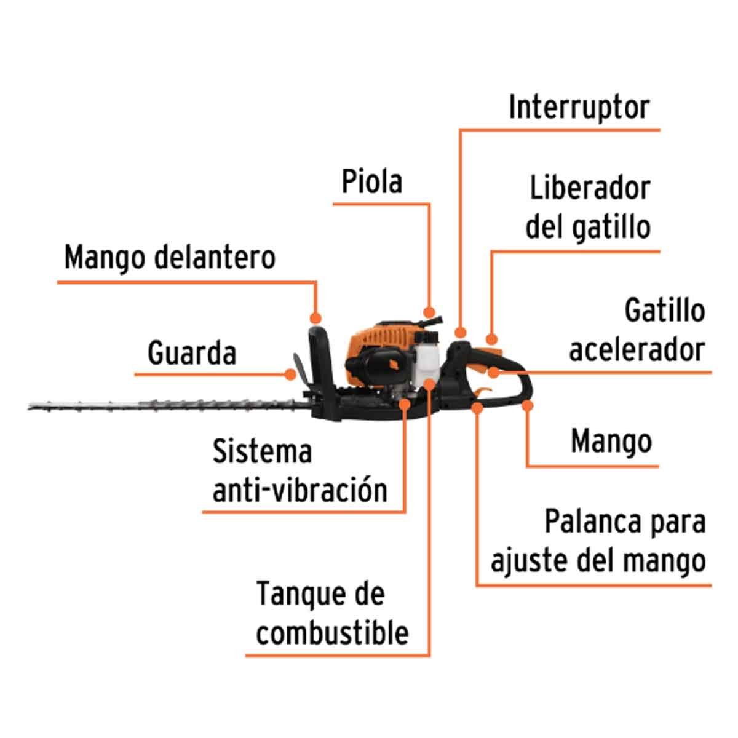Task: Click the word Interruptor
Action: [x=579, y=108]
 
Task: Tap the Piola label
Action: [x=371, y=181]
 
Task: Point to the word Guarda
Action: [x=191, y=353]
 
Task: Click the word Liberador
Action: [x=590, y=188]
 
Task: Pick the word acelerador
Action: [x=637, y=350]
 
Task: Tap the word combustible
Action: [x=331, y=634]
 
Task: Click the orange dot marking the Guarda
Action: [x=291, y=375]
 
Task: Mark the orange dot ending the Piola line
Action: [x=429, y=312]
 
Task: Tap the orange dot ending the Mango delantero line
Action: [x=315, y=318]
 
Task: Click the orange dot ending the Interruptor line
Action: [x=461, y=333]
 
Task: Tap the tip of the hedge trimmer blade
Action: [x=29, y=408]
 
